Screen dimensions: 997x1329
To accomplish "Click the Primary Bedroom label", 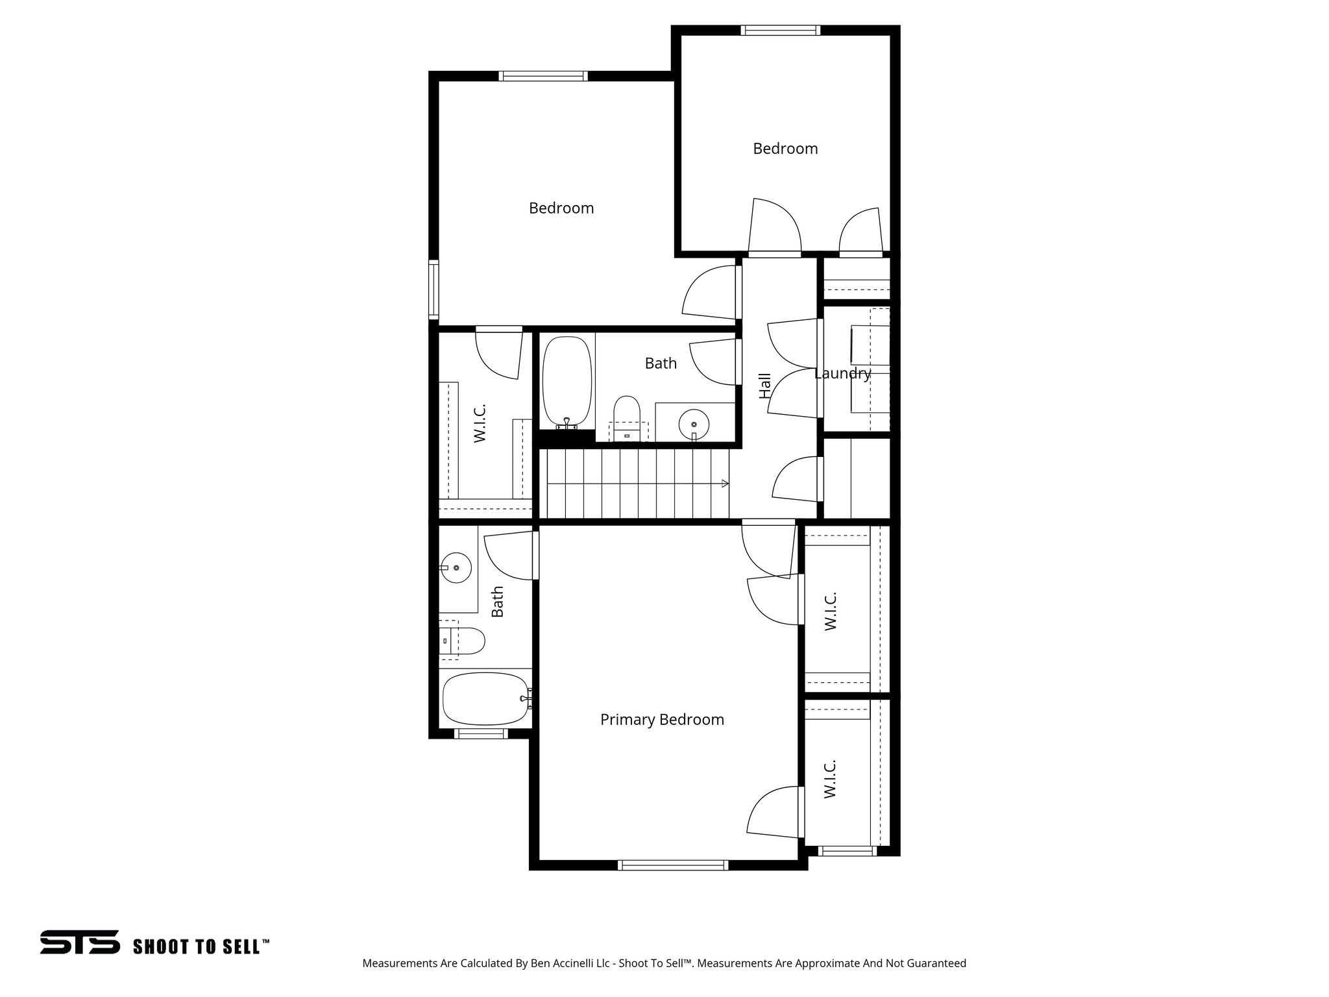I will [x=662, y=719].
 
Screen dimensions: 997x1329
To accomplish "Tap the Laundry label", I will [x=842, y=373].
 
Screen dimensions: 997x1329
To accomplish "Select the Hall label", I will [x=765, y=385].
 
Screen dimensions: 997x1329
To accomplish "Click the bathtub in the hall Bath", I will [x=567, y=382].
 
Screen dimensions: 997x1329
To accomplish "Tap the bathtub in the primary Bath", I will [x=485, y=699].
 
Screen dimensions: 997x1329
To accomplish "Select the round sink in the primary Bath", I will [x=456, y=567].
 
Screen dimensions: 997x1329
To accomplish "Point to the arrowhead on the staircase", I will [x=725, y=483].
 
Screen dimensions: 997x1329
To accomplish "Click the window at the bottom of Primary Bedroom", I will [x=673, y=865].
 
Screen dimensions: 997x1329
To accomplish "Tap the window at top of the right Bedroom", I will [x=781, y=30].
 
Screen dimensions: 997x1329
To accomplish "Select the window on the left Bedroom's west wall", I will [x=433, y=289].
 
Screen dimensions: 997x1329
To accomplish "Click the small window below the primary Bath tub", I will [x=480, y=733].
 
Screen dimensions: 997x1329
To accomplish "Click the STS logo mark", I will [x=80, y=942].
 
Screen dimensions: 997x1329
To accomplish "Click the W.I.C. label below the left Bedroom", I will [x=480, y=423].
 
